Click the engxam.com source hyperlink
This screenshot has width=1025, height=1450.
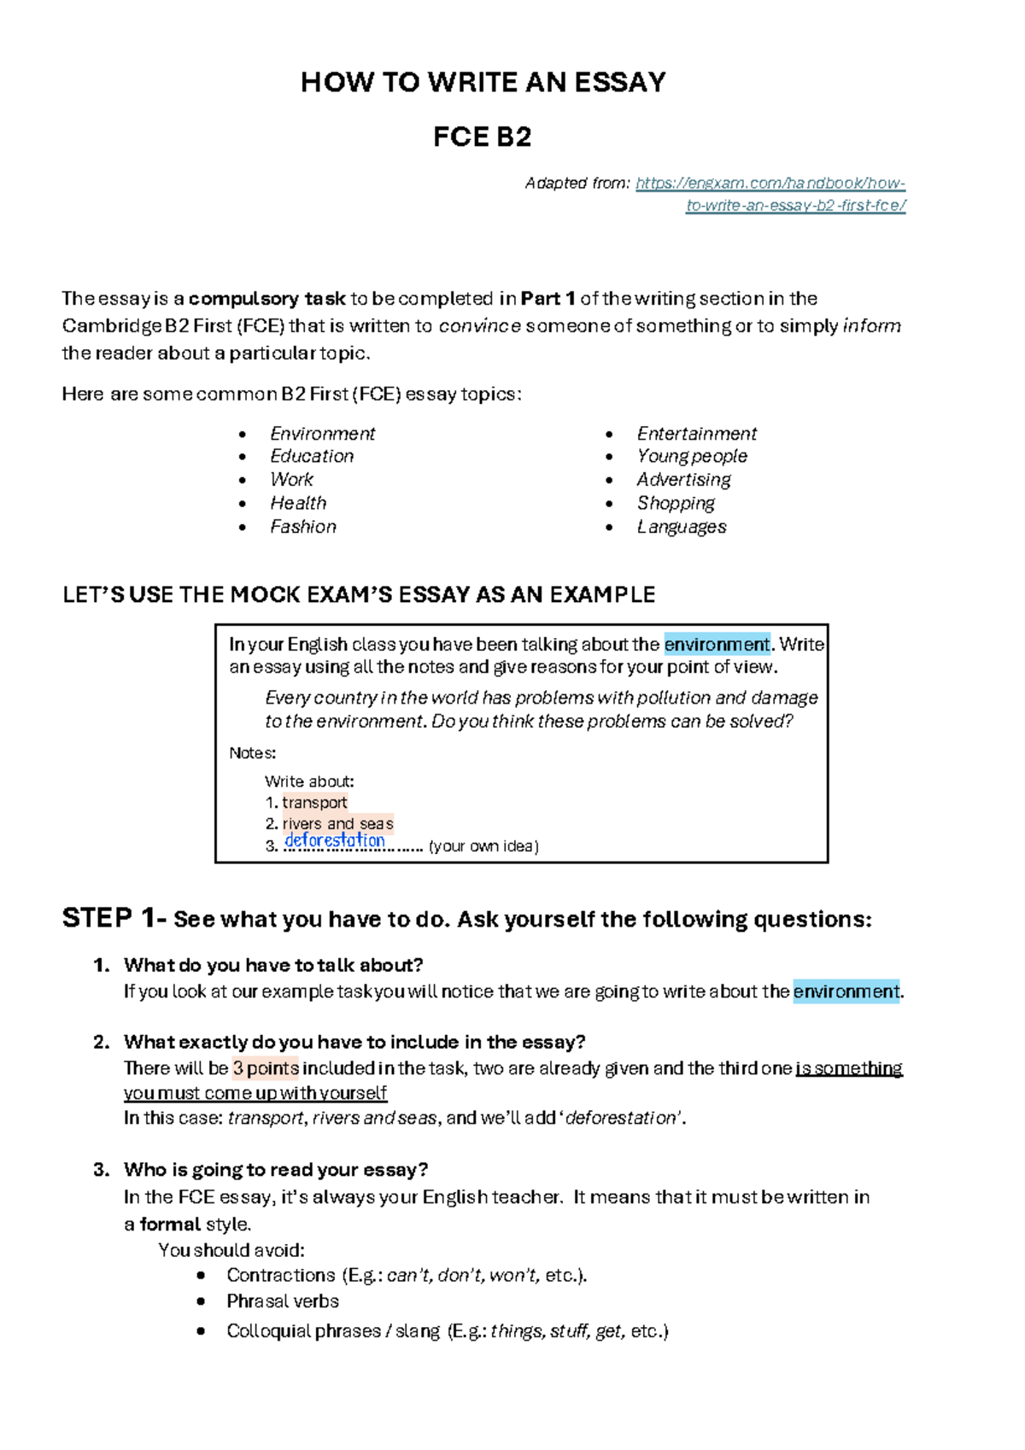click(770, 184)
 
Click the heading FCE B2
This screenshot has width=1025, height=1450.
click(483, 137)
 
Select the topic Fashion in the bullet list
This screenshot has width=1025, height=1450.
click(303, 527)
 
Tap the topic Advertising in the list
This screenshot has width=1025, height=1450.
click(683, 480)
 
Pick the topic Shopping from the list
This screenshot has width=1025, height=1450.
click(676, 504)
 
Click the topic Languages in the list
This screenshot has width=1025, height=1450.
click(682, 527)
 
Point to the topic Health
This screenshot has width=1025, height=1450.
click(298, 504)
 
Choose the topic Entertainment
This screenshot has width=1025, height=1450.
click(697, 434)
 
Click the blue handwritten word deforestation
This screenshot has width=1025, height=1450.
click(335, 840)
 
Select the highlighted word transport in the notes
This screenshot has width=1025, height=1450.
click(314, 803)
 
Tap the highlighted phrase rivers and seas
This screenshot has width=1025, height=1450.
click(337, 824)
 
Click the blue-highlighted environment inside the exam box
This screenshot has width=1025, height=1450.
click(717, 645)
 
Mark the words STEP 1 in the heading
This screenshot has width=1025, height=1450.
click(109, 919)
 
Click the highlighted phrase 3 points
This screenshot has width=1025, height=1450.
click(266, 1068)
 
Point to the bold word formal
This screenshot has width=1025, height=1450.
click(170, 1225)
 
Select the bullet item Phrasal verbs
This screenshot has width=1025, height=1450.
click(283, 1301)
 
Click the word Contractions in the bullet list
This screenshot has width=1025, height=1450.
click(280, 1276)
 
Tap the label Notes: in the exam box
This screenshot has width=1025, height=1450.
click(252, 753)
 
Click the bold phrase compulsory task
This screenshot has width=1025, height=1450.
click(266, 299)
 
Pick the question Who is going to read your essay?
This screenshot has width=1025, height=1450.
click(275, 1170)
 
